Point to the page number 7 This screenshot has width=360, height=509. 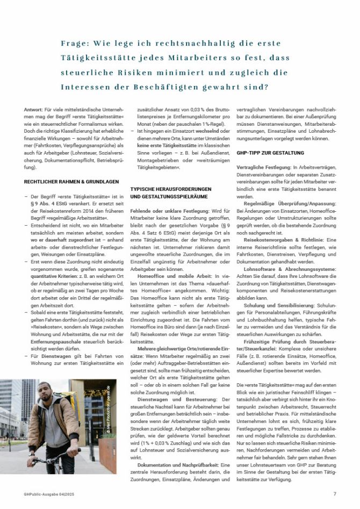(x=334, y=493)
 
